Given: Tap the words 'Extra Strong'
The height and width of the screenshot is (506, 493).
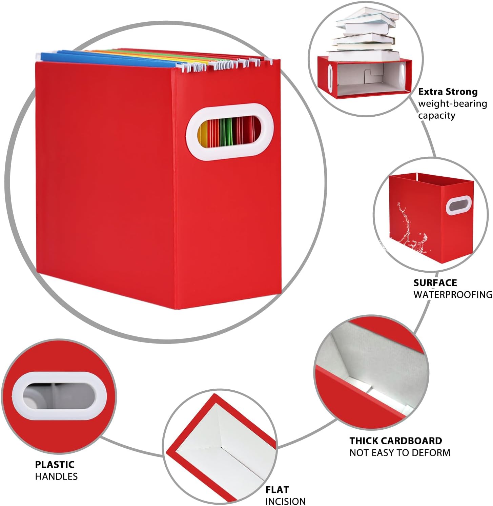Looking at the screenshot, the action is tap(448, 92).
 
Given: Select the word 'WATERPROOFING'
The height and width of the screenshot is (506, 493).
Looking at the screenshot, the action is tap(453, 294).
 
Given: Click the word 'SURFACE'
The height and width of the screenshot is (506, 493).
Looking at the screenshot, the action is tap(435, 283).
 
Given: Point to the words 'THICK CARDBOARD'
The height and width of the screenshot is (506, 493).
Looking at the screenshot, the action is tap(396, 441).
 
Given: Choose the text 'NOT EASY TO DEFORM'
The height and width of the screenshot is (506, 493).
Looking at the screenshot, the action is tap(400, 452).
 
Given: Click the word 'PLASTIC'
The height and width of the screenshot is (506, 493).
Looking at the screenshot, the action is tap(55, 464).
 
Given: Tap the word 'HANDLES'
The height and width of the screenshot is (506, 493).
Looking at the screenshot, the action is tap(56, 476).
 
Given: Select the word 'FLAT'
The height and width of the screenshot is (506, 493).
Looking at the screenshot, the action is tap(277, 489).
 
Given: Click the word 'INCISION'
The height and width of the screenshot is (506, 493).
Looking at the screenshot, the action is tap(285, 501).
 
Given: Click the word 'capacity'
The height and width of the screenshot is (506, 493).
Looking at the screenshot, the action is tap(436, 116).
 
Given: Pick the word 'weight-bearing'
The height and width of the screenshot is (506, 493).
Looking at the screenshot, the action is tap(452, 104).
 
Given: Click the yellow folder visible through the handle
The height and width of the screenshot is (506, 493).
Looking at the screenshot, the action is tap(204, 136).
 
